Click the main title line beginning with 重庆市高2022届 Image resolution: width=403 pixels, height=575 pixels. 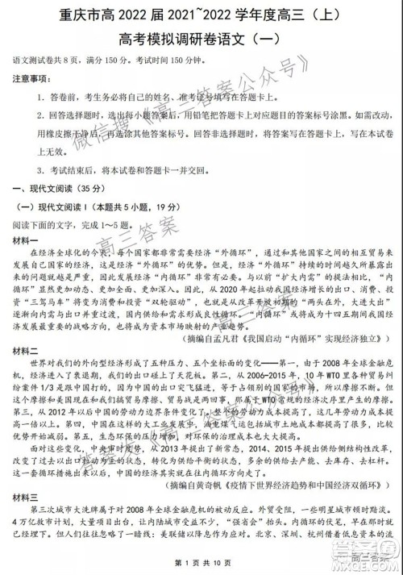[x=201, y=14]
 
